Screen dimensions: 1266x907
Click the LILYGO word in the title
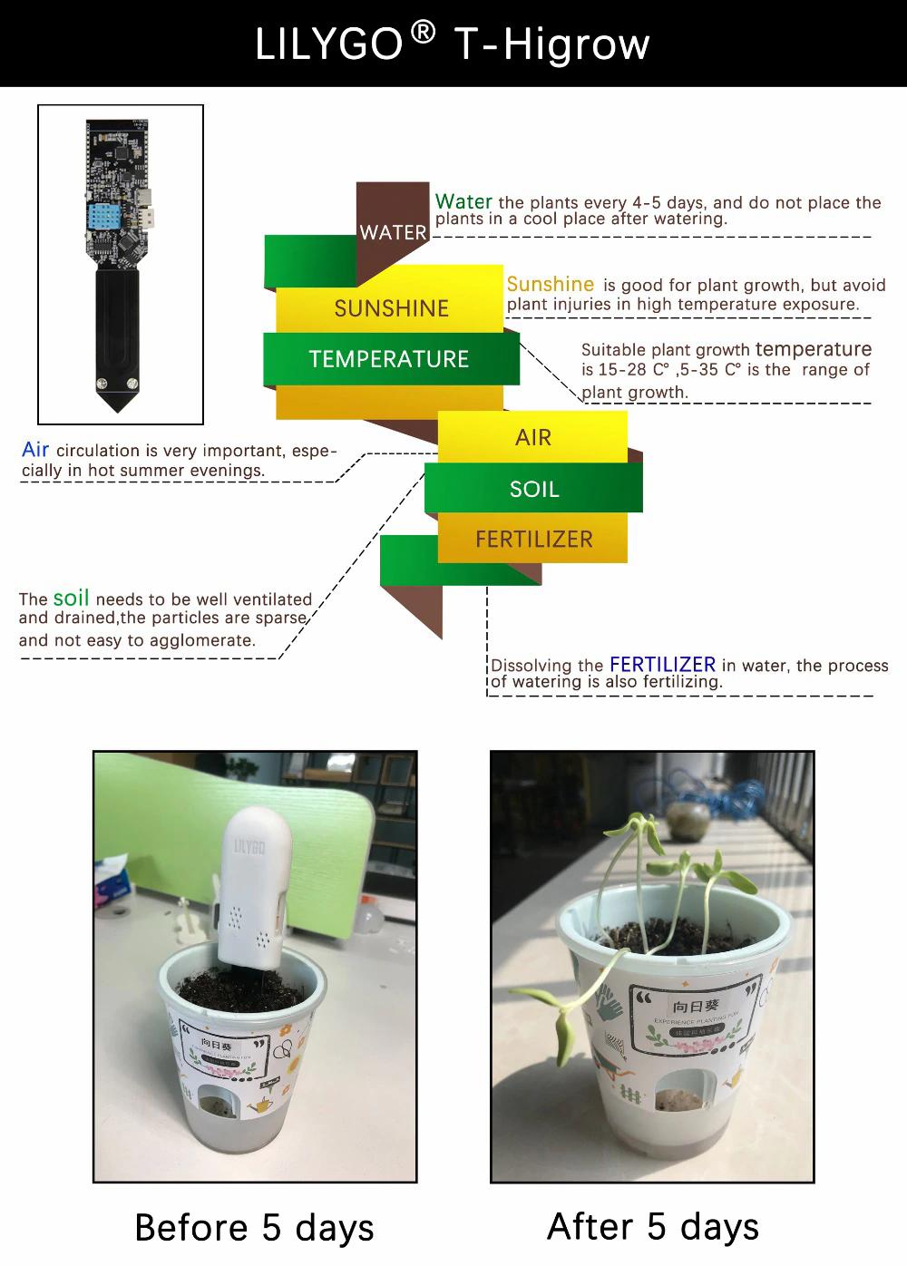[x=328, y=44]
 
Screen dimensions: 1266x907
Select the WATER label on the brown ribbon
[x=393, y=232]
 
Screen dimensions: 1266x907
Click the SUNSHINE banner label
[x=391, y=308]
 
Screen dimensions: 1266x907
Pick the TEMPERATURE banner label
[x=389, y=359]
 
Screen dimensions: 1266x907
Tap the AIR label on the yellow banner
[x=533, y=438]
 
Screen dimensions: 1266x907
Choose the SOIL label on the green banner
[x=534, y=490]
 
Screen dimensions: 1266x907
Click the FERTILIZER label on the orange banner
[x=534, y=540]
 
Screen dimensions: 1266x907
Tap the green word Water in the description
[x=463, y=201]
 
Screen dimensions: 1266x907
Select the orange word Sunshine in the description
[x=550, y=284]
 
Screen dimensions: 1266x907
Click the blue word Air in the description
[x=35, y=449]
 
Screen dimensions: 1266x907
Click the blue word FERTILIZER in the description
[x=662, y=664]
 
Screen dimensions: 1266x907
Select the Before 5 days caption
[x=254, y=1228]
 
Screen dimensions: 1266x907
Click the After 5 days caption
[x=653, y=1226]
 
